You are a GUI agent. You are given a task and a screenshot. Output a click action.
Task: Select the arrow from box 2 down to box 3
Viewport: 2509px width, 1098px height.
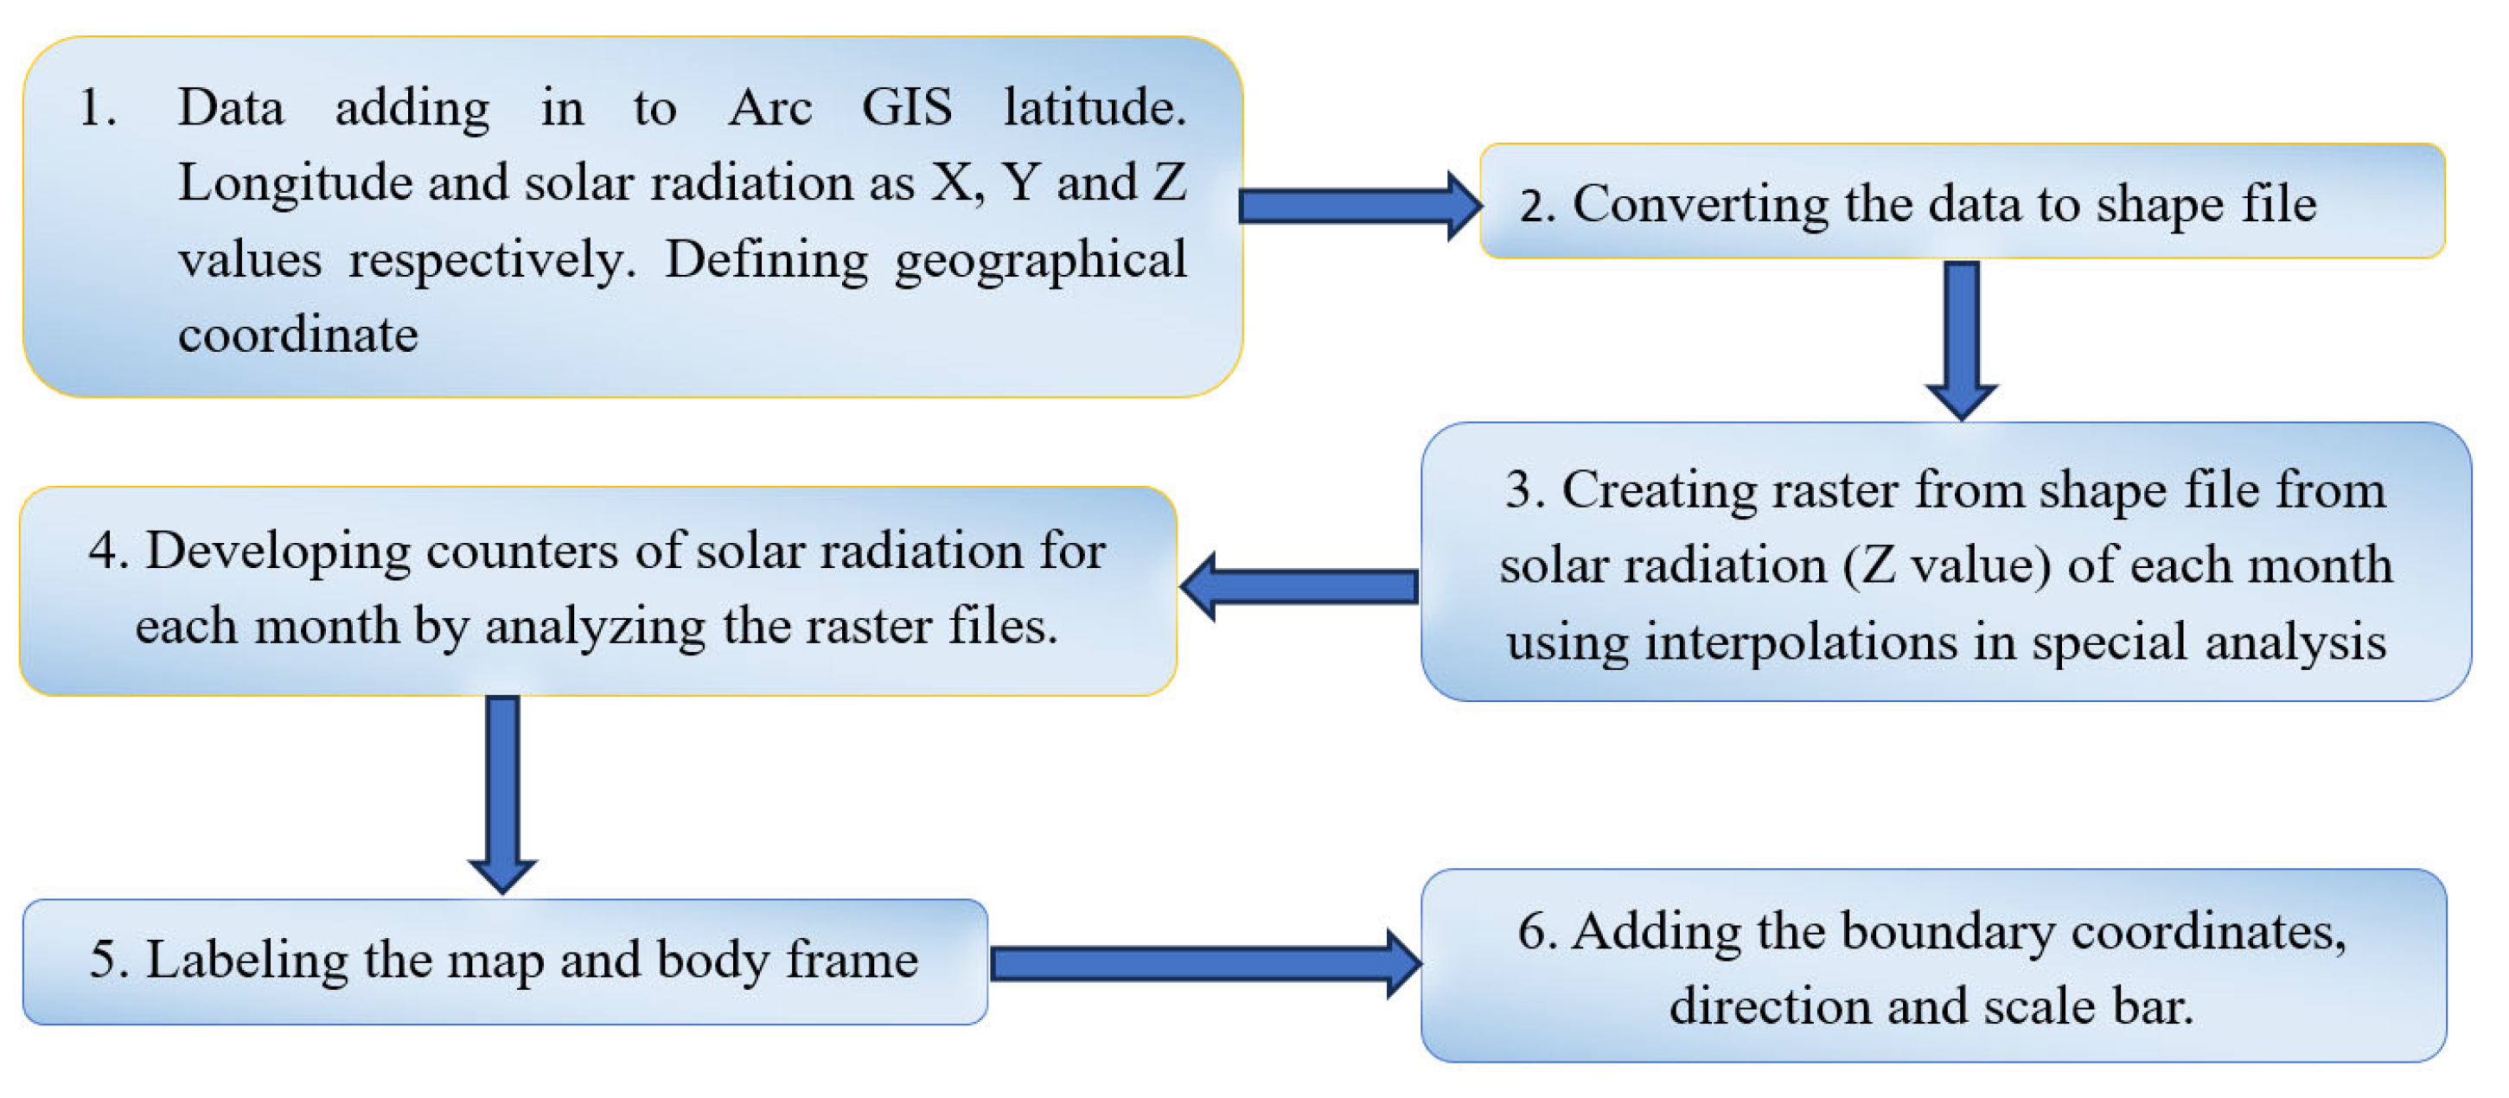pos(1961,337)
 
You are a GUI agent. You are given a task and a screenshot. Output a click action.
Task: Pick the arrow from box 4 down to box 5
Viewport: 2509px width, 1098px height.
pos(502,790)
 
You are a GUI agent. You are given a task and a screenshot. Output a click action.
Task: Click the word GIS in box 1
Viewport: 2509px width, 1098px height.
pos(906,107)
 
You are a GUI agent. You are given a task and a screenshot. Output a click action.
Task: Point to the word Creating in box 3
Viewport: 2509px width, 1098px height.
pos(1660,490)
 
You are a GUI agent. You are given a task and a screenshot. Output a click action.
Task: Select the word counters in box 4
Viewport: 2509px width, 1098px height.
pos(521,552)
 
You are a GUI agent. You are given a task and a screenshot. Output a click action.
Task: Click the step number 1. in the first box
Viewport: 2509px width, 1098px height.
pos(98,107)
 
